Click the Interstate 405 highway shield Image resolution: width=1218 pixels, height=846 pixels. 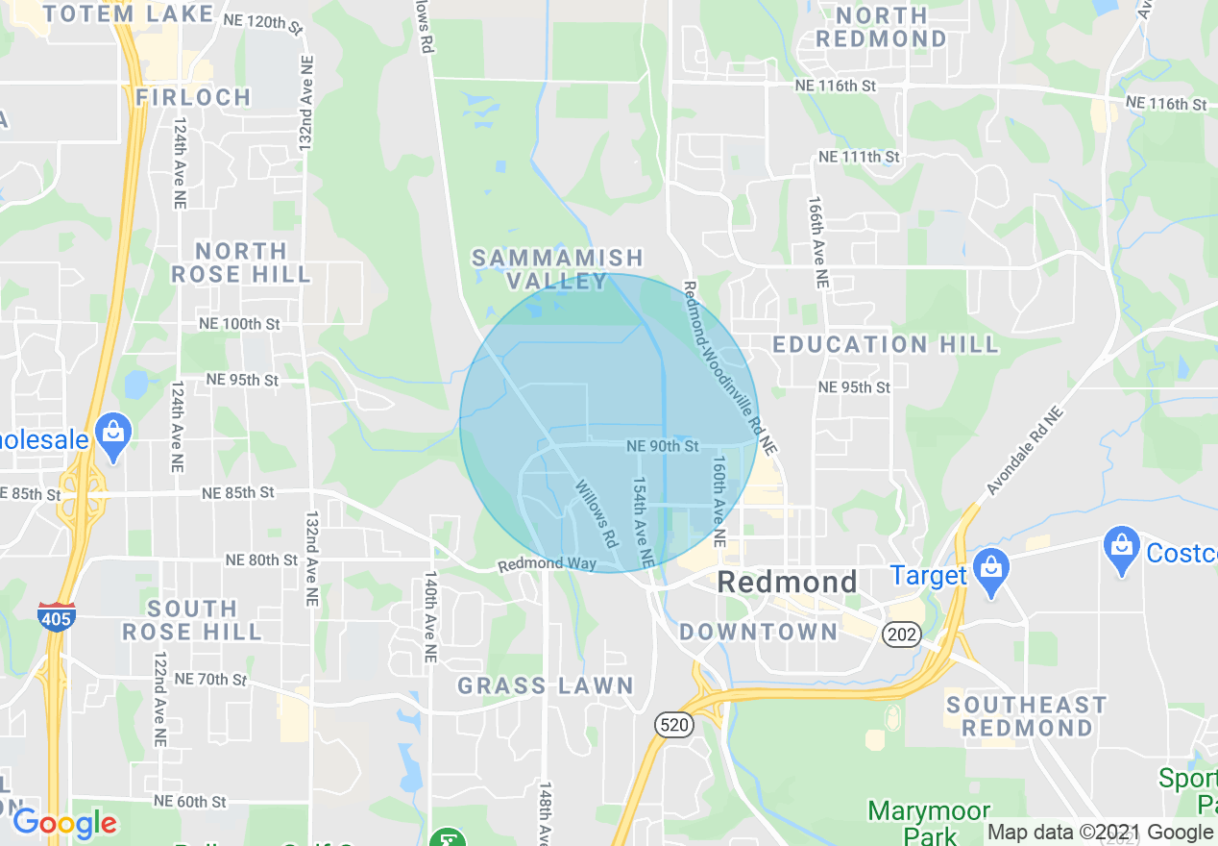click(x=56, y=617)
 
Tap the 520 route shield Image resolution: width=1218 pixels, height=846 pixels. click(x=675, y=725)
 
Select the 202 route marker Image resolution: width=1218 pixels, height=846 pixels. click(x=903, y=634)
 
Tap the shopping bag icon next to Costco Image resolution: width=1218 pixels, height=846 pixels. click(x=1121, y=552)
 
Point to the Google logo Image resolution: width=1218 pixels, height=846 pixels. click(x=64, y=824)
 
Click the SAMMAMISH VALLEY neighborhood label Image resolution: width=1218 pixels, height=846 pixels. click(x=557, y=269)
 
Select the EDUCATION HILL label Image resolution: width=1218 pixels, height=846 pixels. click(x=886, y=344)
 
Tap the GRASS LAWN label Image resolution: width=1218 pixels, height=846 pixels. click(x=545, y=685)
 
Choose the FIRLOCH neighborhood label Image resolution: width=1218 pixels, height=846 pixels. click(x=193, y=97)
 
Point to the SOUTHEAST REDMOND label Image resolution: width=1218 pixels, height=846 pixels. click(x=1027, y=716)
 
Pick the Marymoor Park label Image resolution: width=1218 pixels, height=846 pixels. click(x=929, y=822)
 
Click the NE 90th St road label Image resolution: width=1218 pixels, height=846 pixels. click(x=662, y=446)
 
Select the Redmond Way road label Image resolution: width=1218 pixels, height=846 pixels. click(x=533, y=563)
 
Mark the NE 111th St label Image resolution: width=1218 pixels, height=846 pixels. click(x=859, y=157)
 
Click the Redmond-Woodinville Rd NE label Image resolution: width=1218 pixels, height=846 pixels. click(x=729, y=367)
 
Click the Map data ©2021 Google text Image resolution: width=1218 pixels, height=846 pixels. click(x=1100, y=833)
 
